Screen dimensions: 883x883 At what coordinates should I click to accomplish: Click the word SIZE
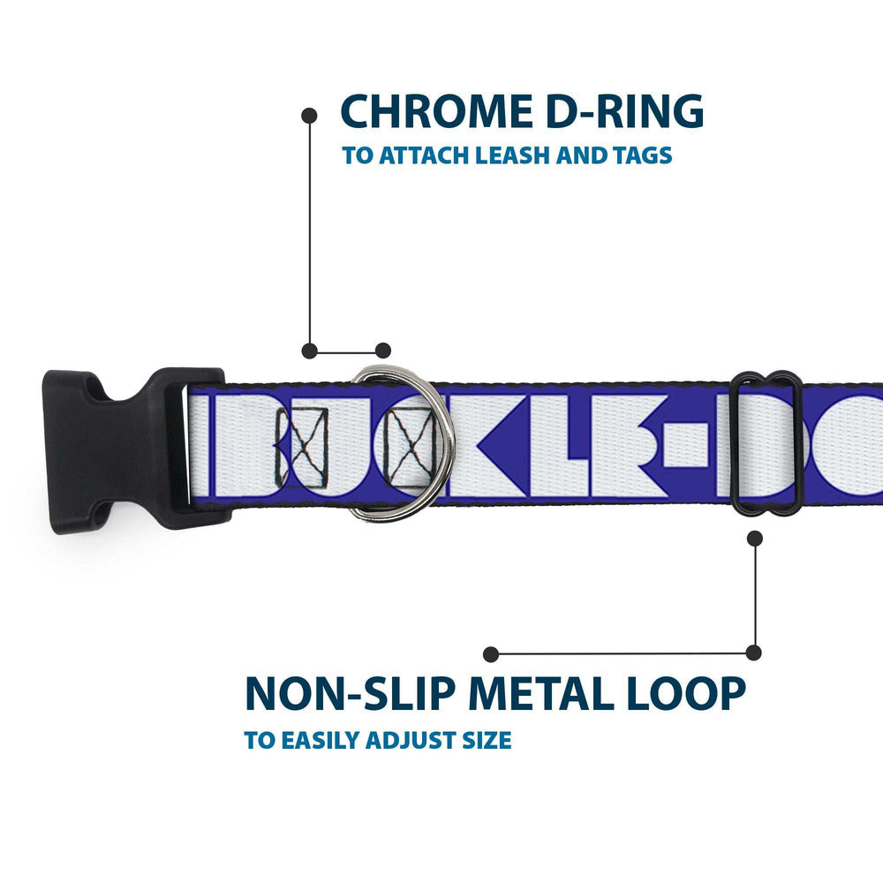pyautogui.click(x=484, y=740)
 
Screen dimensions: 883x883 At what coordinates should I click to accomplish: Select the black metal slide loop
pyautogui.click(x=766, y=441)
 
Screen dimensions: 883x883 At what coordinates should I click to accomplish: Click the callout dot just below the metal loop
pyautogui.click(x=754, y=536)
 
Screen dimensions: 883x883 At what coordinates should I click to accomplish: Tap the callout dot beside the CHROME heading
pyautogui.click(x=309, y=115)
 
